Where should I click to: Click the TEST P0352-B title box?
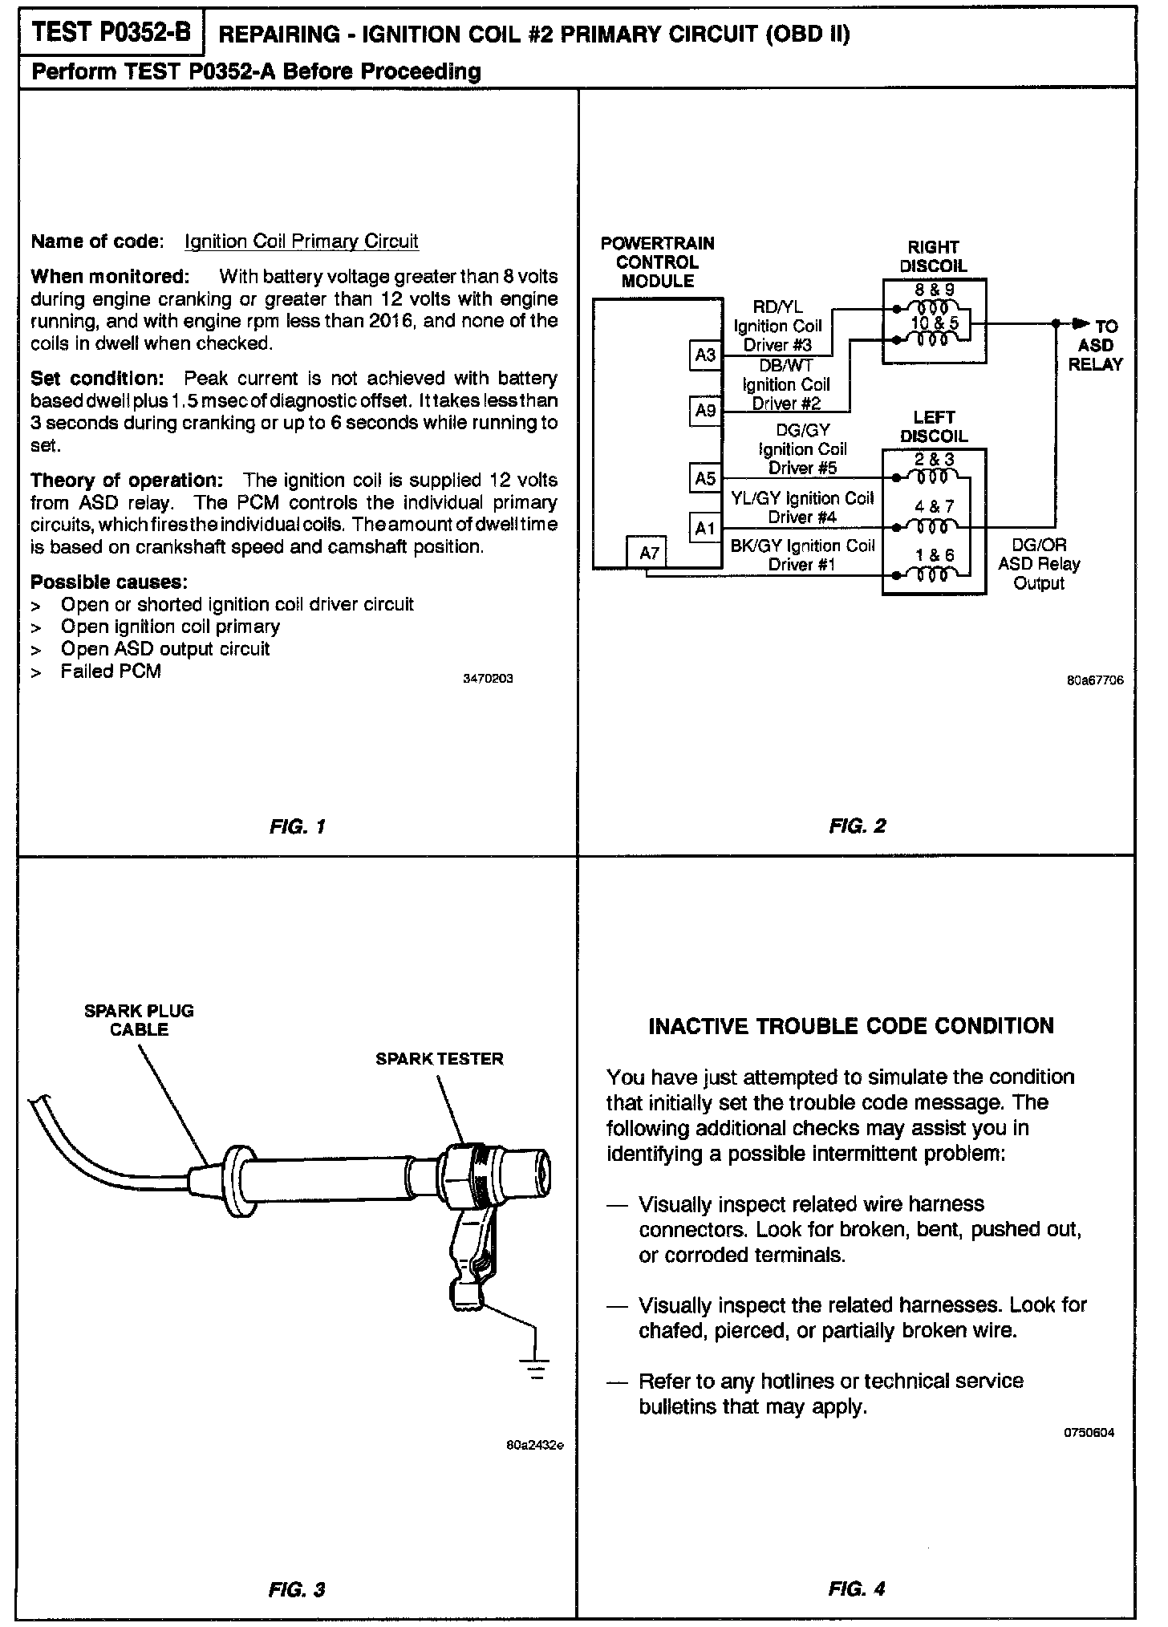(112, 33)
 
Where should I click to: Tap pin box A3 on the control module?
(705, 355)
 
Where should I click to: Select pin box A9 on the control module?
(705, 411)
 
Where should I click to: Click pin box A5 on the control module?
(705, 478)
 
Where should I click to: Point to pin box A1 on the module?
(705, 528)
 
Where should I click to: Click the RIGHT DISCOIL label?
(933, 257)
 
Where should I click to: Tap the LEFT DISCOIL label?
(933, 427)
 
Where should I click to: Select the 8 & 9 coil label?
(935, 290)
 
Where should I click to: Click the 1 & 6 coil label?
(935, 555)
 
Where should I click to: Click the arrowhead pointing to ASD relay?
(1081, 324)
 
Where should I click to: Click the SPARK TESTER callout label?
(440, 1059)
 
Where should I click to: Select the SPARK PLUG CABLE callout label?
(140, 1020)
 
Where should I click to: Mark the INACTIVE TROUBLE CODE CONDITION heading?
(850, 1026)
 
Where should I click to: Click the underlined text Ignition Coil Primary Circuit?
(302, 241)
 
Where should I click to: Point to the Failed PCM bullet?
(111, 671)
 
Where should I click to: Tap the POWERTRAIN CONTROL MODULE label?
(657, 262)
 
